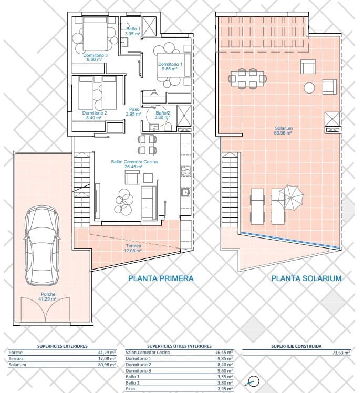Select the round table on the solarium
309,88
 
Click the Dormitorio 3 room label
95,57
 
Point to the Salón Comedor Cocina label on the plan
134,164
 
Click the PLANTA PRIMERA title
161,278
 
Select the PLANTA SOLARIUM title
306,278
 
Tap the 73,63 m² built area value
341,353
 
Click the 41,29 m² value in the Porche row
107,353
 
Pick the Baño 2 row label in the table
132,382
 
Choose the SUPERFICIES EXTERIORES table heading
63,346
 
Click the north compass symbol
253,382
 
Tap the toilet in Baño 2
169,127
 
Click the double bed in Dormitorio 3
96,33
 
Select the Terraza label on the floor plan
133,248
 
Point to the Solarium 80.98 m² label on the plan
283,131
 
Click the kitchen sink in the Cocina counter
185,192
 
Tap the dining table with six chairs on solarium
247,78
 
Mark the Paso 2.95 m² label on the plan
134,111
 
